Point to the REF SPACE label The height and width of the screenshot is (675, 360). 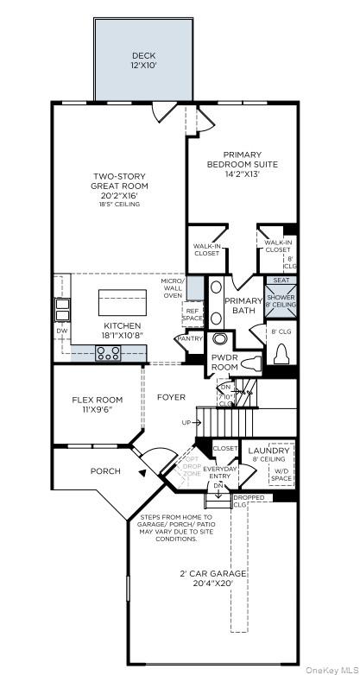pyautogui.click(x=193, y=315)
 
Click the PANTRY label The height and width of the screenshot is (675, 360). pyautogui.click(x=189, y=339)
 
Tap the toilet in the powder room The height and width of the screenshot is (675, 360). pyautogui.click(x=247, y=363)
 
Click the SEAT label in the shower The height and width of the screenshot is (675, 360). pyautogui.click(x=281, y=280)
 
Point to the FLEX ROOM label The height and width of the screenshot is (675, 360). pyautogui.click(x=97, y=404)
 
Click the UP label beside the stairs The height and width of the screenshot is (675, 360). pyautogui.click(x=186, y=423)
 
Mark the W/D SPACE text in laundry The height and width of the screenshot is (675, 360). pyautogui.click(x=281, y=476)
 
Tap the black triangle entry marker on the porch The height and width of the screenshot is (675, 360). pyautogui.click(x=141, y=471)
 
